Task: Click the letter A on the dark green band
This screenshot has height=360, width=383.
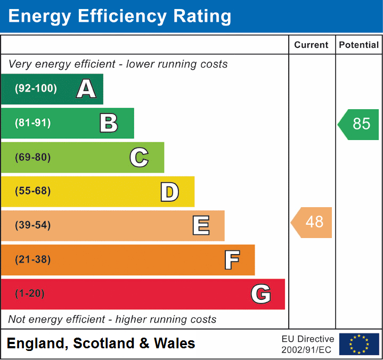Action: pyautogui.click(x=86, y=89)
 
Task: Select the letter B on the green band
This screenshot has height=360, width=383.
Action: pyautogui.click(x=109, y=123)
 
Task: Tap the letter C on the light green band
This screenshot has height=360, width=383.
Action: pyautogui.click(x=139, y=157)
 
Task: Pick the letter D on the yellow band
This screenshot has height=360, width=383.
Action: pyautogui.click(x=169, y=192)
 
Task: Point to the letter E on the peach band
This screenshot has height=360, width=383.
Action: pyautogui.click(x=200, y=226)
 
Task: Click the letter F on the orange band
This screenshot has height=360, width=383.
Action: pyautogui.click(x=232, y=260)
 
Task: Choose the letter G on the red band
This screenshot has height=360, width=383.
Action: pyautogui.click(x=261, y=294)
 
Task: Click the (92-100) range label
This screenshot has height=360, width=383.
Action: pyautogui.click(x=36, y=89)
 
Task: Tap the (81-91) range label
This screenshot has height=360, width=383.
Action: pyautogui.click(x=32, y=123)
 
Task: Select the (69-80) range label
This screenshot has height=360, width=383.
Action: pyautogui.click(x=32, y=157)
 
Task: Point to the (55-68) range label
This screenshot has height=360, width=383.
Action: pyautogui.click(x=32, y=191)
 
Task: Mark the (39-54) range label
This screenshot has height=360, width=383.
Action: pyautogui.click(x=32, y=225)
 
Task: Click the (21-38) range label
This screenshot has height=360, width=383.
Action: pyautogui.click(x=32, y=260)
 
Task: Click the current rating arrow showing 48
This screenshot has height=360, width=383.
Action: pyautogui.click(x=312, y=222)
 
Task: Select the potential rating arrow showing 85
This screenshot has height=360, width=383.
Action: pyautogui.click(x=358, y=124)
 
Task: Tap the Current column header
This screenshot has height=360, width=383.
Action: pyautogui.click(x=312, y=45)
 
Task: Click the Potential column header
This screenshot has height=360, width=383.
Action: pyautogui.click(x=359, y=45)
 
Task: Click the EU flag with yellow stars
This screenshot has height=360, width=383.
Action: pyautogui.click(x=359, y=344)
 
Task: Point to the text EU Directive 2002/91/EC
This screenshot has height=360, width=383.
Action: pyautogui.click(x=308, y=344)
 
